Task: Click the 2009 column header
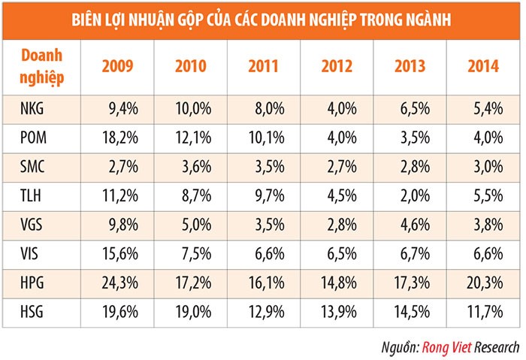coord(117,66)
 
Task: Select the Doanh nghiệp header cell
coord(41,66)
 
